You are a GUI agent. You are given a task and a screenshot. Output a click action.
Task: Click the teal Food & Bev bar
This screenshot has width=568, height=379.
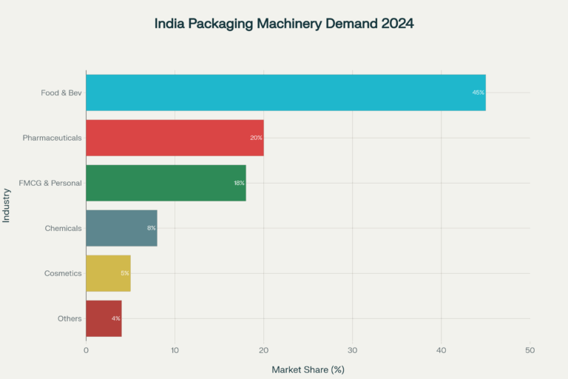(285, 93)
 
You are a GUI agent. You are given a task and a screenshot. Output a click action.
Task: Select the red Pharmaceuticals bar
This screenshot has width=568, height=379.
(175, 138)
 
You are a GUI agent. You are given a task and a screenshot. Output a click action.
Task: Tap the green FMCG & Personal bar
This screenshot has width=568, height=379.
(166, 183)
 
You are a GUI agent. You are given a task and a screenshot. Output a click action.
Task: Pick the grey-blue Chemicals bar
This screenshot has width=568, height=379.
(121, 228)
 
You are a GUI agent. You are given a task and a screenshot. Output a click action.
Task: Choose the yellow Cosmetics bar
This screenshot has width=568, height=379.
(108, 273)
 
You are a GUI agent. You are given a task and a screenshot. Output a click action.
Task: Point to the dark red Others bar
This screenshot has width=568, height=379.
(104, 318)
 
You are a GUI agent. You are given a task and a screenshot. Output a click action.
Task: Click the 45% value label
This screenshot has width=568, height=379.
(478, 93)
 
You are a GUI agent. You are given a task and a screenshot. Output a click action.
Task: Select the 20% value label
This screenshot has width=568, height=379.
(256, 138)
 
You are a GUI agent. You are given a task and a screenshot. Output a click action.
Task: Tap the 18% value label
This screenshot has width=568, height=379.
(239, 183)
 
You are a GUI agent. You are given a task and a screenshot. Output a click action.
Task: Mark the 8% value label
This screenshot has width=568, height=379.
(151, 228)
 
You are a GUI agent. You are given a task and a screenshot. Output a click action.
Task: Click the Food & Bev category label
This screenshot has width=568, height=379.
(61, 93)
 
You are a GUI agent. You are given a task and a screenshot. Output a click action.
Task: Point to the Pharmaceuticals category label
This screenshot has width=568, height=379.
(52, 138)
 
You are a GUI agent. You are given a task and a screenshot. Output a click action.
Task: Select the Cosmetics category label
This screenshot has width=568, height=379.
(63, 273)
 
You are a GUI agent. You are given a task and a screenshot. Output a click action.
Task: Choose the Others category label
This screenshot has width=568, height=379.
(70, 318)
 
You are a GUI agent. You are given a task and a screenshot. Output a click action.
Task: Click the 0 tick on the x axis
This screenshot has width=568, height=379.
(87, 349)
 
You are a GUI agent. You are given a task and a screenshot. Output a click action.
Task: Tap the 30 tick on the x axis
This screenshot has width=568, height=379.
(353, 349)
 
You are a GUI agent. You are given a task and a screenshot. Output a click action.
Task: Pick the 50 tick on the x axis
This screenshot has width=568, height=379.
(530, 349)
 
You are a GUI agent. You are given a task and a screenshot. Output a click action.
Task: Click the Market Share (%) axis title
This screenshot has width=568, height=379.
(308, 369)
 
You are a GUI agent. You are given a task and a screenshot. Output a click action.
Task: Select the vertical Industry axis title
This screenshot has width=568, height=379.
(7, 205)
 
